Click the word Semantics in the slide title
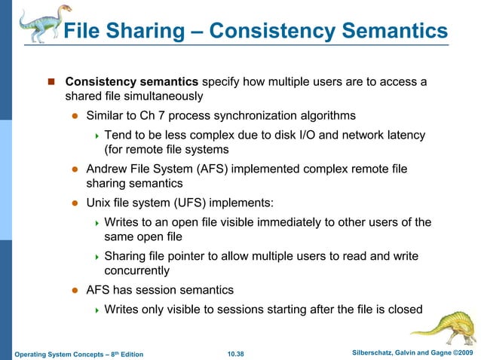coord(388,31)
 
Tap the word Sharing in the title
coord(146,31)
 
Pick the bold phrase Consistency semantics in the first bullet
coord(132,81)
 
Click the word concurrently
coord(136,271)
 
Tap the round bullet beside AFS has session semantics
coord(75,290)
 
